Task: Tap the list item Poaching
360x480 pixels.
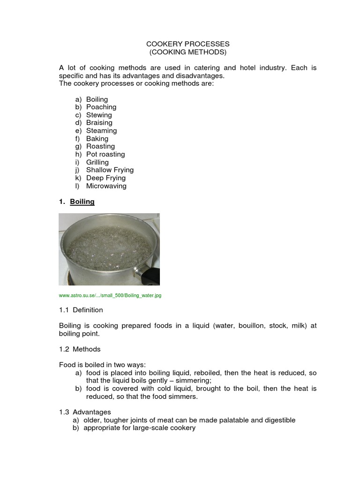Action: tap(101, 107)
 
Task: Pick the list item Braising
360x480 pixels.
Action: tap(99, 123)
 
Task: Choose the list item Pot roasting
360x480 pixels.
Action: tap(105, 154)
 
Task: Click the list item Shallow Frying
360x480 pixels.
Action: tap(110, 170)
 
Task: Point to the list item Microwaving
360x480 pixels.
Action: tap(106, 186)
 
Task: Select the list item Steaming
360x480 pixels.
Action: tap(101, 131)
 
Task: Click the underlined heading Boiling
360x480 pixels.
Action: tap(82, 202)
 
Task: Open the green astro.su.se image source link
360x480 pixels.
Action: tap(110, 296)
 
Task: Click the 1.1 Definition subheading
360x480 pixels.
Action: tap(81, 310)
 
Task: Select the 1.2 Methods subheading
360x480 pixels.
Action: tap(80, 349)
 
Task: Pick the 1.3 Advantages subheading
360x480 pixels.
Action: tap(85, 412)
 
